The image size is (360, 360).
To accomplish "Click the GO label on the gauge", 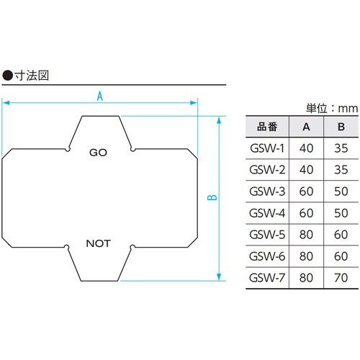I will pyautogui.click(x=98, y=153).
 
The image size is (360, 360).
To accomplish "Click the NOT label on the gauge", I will pyautogui.click(x=98, y=243).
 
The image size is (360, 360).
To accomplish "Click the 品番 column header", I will pyautogui.click(x=267, y=128).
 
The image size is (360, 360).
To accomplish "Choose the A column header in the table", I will pyautogui.click(x=307, y=128).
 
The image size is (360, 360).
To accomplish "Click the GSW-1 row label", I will pyautogui.click(x=267, y=149).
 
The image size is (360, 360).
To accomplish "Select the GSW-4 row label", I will pyautogui.click(x=267, y=214).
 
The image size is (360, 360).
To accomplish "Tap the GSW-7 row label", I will pyautogui.click(x=267, y=278).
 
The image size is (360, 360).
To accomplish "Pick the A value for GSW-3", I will pyautogui.click(x=307, y=192).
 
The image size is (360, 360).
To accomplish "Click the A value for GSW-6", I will pyautogui.click(x=307, y=256).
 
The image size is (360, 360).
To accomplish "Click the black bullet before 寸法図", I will pyautogui.click(x=8, y=74).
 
